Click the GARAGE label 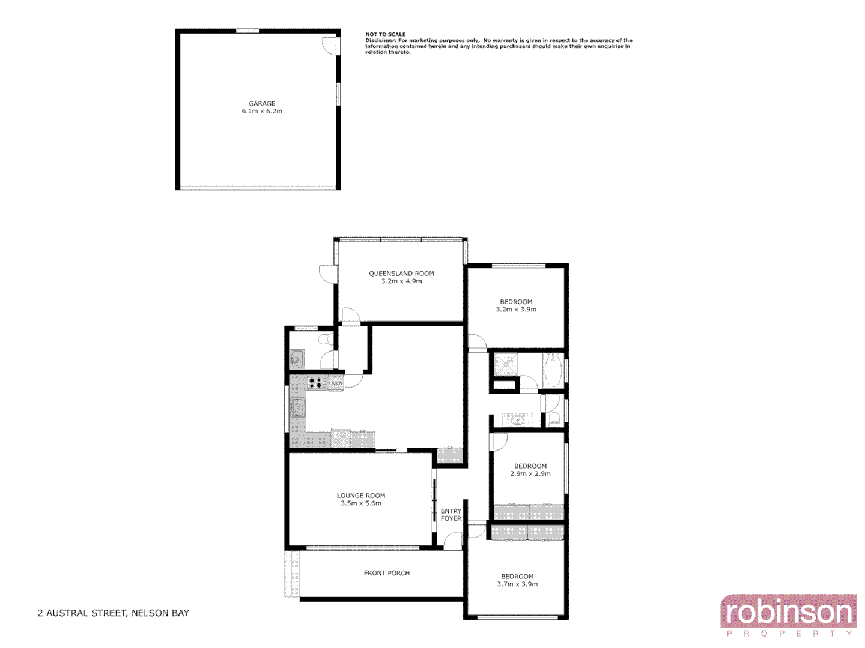coord(262,103)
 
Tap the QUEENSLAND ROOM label coord(401,274)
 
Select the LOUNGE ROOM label coord(361,496)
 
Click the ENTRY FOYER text coord(451,515)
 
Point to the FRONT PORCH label coord(387,573)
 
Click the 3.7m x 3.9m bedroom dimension coord(517,584)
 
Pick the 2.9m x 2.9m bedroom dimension coord(530,473)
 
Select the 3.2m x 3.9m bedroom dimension coord(516,310)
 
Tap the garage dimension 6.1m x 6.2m coord(262,111)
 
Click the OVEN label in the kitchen coord(335,383)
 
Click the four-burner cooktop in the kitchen coord(315,382)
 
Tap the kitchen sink coord(297,407)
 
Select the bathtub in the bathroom coord(553,370)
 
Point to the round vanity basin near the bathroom coord(517,420)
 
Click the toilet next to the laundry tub coord(325,340)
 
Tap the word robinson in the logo coord(788,613)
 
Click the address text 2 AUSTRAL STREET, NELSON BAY coord(114,613)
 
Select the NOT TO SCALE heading coord(385,34)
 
